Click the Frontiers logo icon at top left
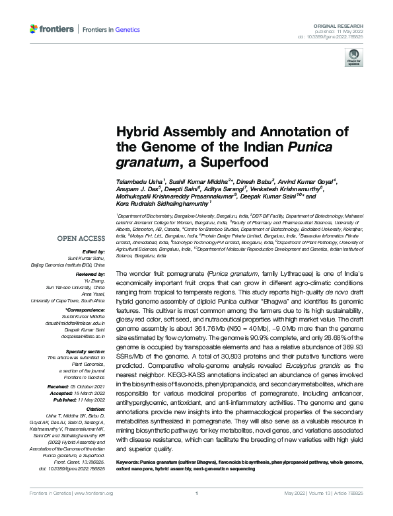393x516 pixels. (x=34, y=29)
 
